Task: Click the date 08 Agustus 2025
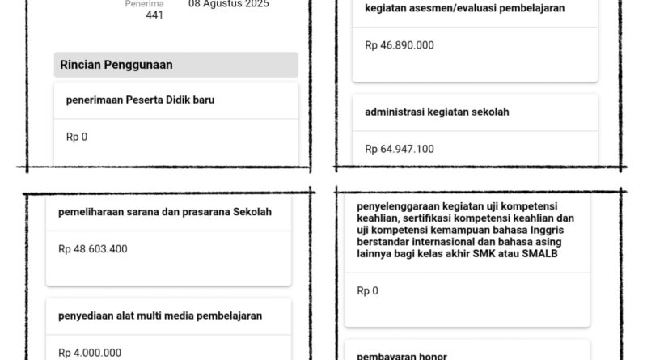click(x=229, y=4)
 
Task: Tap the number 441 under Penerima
click(x=154, y=15)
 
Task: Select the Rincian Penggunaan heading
click(x=116, y=65)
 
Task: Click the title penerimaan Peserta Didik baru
click(x=140, y=100)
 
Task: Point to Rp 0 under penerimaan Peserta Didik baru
click(x=77, y=137)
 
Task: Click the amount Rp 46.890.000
click(x=400, y=45)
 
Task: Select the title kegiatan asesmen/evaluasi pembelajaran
click(x=464, y=8)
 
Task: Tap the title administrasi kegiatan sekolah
click(x=437, y=112)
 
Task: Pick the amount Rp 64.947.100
click(x=400, y=149)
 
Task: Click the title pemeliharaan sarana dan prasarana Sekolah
click(x=165, y=213)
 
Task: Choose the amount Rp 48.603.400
click(x=93, y=249)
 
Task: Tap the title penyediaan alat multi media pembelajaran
click(x=160, y=316)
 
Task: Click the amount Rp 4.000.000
click(x=90, y=353)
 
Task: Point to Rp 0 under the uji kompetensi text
click(x=367, y=290)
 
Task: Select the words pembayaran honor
click(x=401, y=356)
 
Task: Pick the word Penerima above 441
click(x=144, y=4)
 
